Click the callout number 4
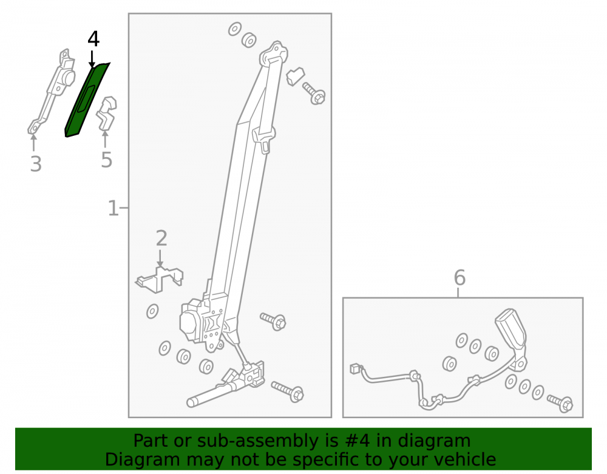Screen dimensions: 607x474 [93, 39]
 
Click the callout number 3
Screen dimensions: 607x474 [36, 163]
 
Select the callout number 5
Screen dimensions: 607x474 [106, 160]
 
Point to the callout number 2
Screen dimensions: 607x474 [161, 238]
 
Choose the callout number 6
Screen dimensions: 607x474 [459, 277]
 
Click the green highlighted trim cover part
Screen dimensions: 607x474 [86, 100]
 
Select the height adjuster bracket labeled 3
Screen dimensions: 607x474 [52, 91]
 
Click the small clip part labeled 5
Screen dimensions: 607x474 [106, 113]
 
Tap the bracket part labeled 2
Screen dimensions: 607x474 [160, 279]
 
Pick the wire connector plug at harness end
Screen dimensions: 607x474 [355, 368]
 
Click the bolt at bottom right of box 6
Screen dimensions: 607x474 [560, 403]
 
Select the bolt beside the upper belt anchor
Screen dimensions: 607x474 [314, 93]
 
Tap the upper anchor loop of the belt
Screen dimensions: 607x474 [273, 54]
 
